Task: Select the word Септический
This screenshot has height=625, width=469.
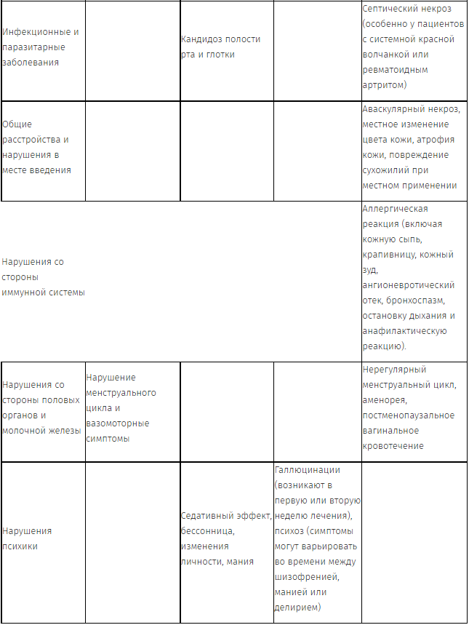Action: (390, 9)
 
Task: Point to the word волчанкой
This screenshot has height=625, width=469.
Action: (388, 55)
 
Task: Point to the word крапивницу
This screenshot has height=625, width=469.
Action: (391, 255)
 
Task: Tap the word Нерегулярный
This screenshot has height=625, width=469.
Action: (394, 370)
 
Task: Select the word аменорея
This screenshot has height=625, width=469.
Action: (385, 400)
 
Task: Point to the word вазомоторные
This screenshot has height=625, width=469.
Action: (117, 423)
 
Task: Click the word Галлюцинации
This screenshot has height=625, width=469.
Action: (307, 470)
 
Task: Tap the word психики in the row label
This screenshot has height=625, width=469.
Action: (20, 546)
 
